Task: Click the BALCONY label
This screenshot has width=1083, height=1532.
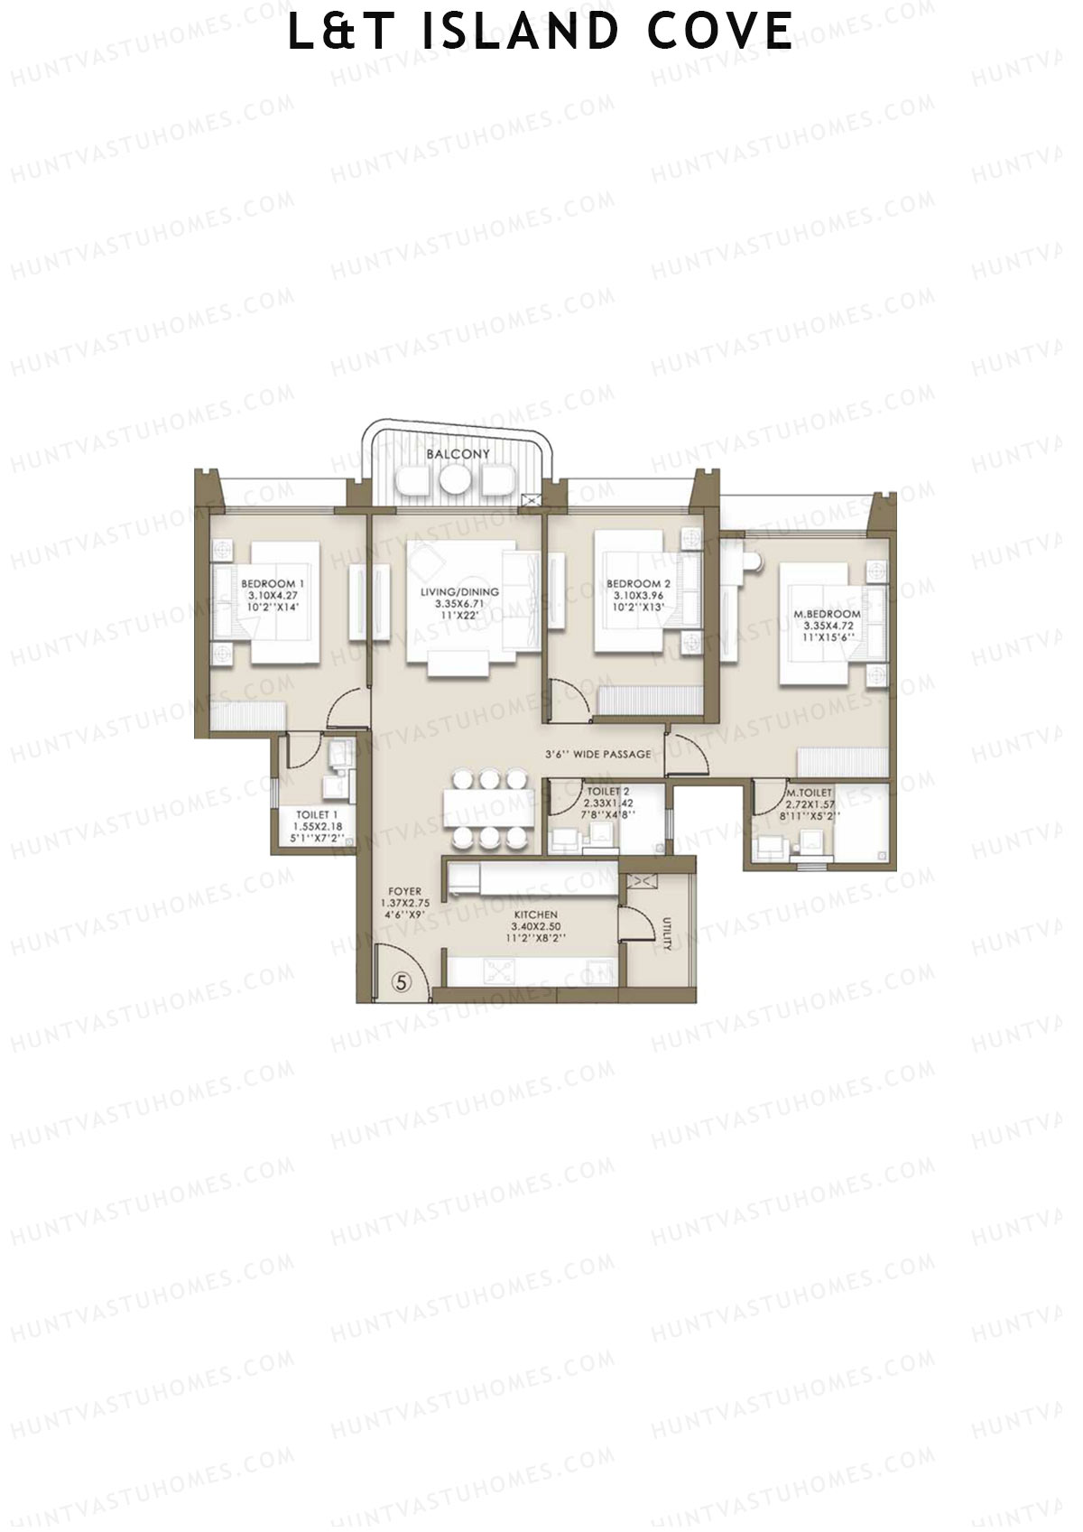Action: [458, 454]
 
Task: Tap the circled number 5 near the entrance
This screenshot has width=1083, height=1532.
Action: [403, 981]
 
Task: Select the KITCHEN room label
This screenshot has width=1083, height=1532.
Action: [535, 915]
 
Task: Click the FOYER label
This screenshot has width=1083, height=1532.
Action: [404, 891]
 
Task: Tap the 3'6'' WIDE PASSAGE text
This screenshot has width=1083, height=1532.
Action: [597, 754]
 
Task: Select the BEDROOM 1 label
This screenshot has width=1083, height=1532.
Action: [273, 584]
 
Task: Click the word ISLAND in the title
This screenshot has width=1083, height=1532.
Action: [521, 32]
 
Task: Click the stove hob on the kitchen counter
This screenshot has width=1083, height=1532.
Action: [498, 971]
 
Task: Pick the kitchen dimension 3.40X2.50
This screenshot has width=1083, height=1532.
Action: [535, 926]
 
